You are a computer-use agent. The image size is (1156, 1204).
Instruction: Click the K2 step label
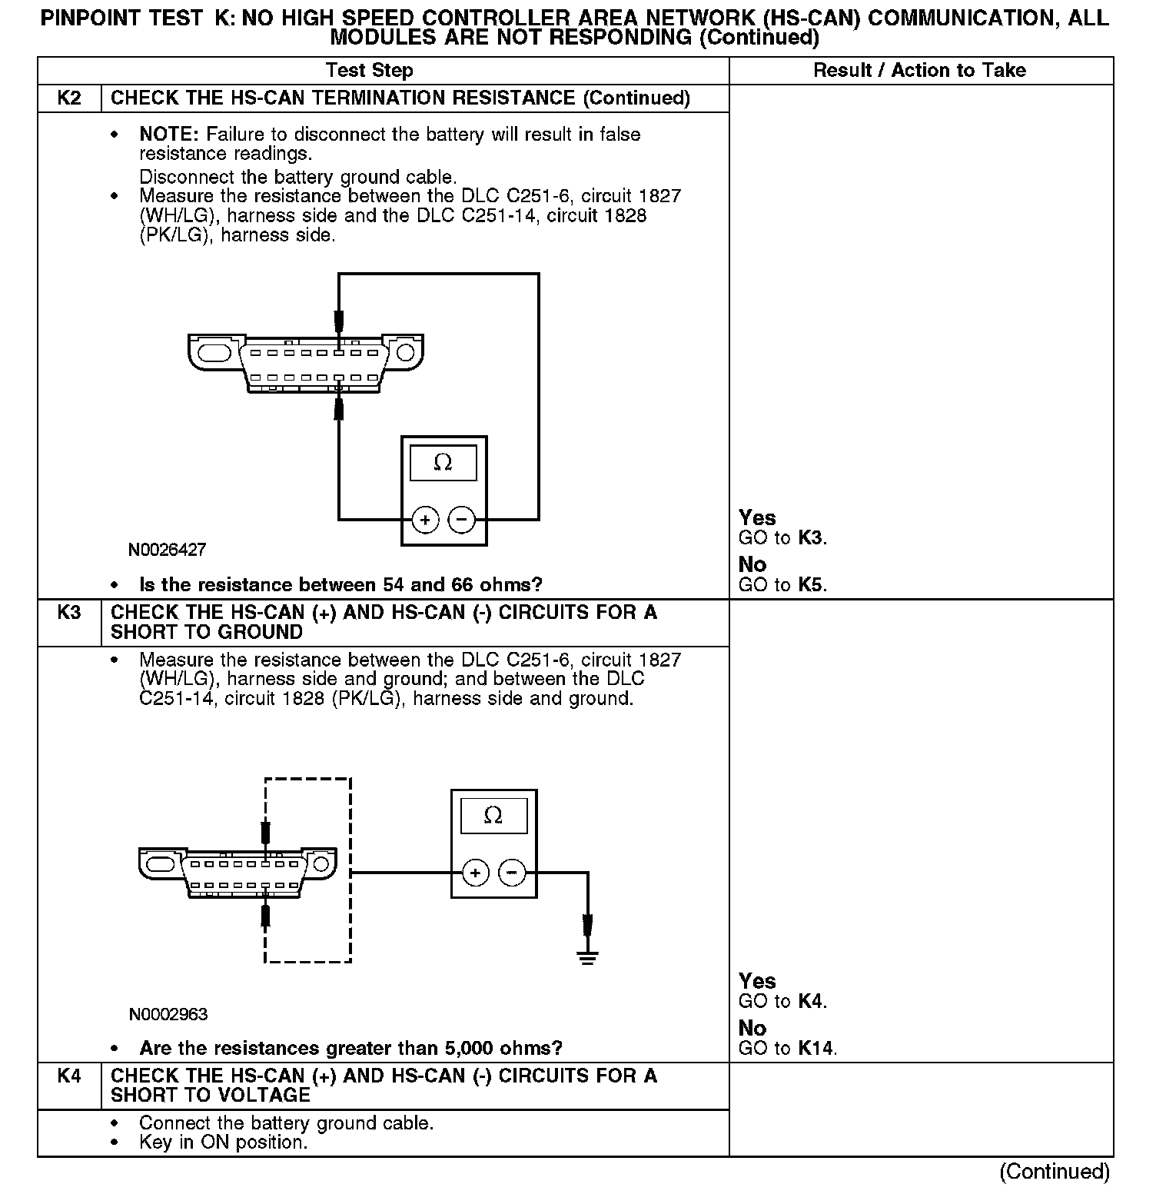[x=69, y=98]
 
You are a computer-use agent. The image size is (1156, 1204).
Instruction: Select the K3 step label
[x=69, y=613]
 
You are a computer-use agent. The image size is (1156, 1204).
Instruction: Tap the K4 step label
[x=69, y=1076]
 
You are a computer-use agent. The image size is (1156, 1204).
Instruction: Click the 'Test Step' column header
[x=369, y=71]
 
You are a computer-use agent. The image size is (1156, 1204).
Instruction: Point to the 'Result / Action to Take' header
[x=919, y=71]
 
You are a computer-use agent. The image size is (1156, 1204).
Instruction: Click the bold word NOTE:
[x=168, y=135]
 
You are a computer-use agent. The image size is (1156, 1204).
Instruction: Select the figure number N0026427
[x=167, y=550]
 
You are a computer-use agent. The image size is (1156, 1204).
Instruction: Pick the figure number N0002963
[x=168, y=1015]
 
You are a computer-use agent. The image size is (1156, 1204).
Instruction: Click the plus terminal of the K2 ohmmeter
[x=425, y=520]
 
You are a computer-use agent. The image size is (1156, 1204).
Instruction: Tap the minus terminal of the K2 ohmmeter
[x=461, y=520]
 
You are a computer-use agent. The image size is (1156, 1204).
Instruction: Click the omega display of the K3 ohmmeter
[x=493, y=816]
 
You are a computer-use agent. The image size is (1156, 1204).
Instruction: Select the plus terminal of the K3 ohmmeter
[x=476, y=873]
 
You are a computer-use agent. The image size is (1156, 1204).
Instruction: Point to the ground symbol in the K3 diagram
[x=588, y=957]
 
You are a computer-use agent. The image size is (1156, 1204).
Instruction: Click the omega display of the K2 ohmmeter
[x=443, y=463]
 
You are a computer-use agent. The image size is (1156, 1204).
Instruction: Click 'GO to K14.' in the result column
[x=787, y=1049]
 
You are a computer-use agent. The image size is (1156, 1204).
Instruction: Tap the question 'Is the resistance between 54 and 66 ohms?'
[x=340, y=585]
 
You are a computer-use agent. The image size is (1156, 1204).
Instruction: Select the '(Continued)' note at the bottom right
[x=1055, y=1172]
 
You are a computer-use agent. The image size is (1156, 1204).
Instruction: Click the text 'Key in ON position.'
[x=223, y=1142]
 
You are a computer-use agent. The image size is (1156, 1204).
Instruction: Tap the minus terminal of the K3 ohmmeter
[x=512, y=873]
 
